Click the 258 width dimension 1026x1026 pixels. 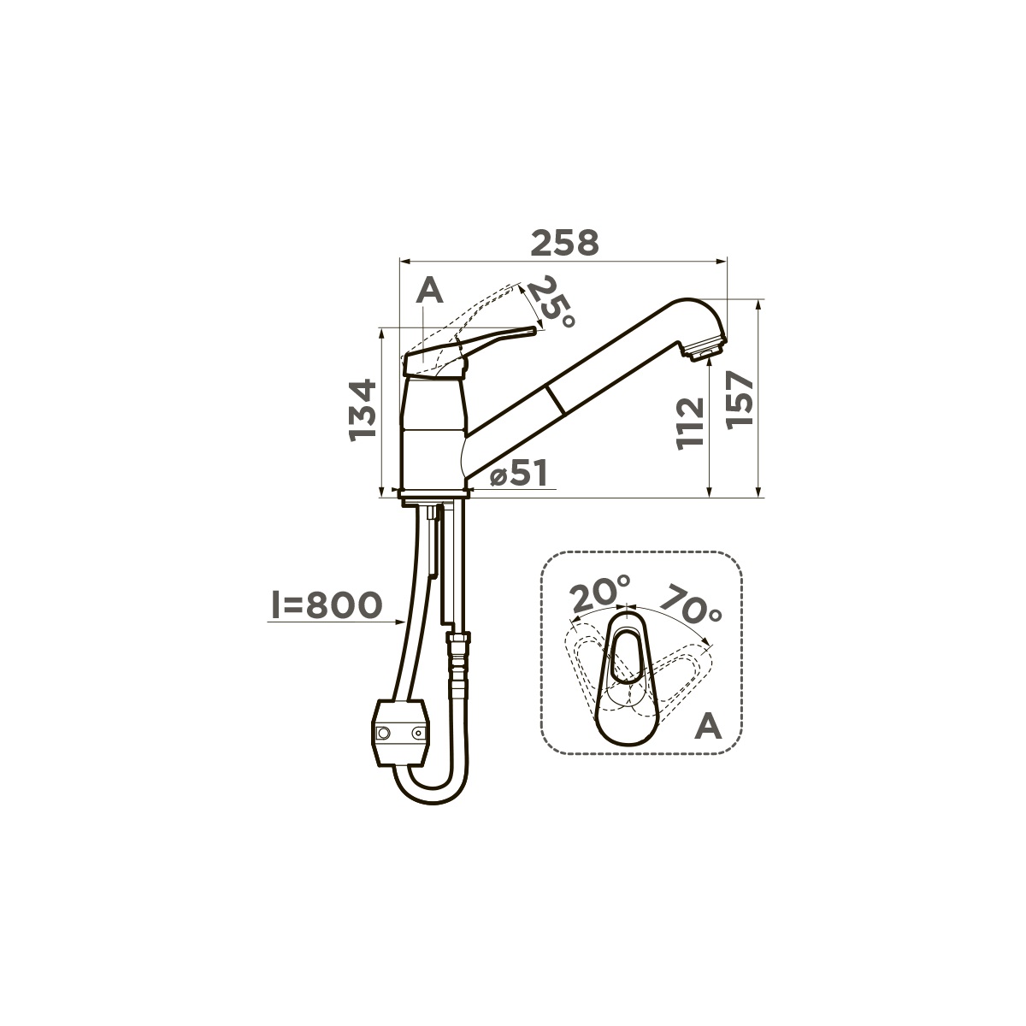565,243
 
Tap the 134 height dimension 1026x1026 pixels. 363,410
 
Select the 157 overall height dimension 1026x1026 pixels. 740,398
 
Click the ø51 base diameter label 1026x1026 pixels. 517,474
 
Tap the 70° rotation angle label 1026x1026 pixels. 691,604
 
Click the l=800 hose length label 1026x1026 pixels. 327,605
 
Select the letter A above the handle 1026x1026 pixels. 430,291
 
